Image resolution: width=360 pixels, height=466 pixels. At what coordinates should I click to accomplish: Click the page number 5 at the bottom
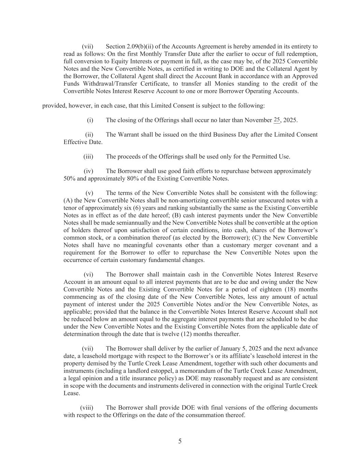pos(180,441)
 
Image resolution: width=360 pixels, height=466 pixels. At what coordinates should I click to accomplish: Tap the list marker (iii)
pos(88,157)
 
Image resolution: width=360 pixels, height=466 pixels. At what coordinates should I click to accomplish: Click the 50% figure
pos(70,179)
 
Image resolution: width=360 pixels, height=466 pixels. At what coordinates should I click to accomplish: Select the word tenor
pos(71,208)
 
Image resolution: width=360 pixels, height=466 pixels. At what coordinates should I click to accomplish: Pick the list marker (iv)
pos(88,171)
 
